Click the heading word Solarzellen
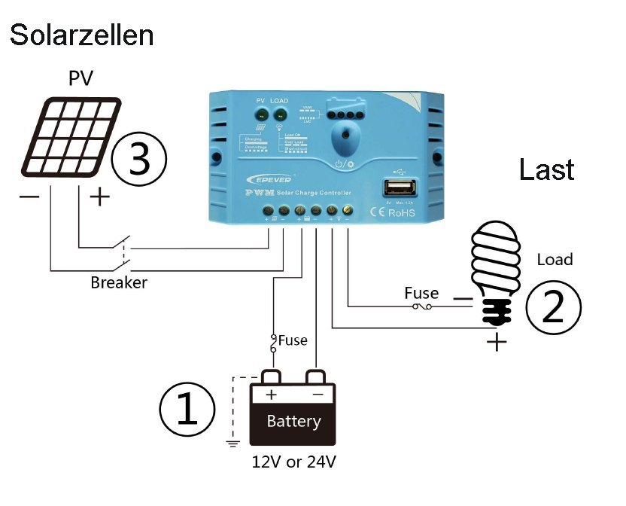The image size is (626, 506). (82, 35)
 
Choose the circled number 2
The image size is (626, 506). (553, 306)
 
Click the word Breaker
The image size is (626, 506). (119, 283)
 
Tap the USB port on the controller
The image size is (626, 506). (398, 187)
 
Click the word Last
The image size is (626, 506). (546, 169)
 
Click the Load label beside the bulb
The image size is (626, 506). (555, 260)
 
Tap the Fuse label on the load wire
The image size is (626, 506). (421, 293)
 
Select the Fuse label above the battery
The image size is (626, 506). (293, 340)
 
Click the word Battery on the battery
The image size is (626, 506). (293, 422)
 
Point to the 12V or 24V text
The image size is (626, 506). (290, 461)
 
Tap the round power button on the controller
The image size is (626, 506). (345, 139)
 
